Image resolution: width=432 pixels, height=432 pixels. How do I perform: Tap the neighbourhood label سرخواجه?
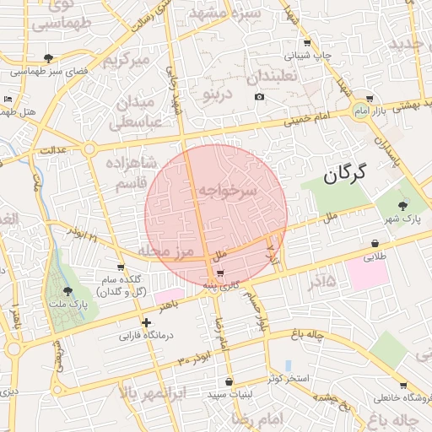(x=226, y=192)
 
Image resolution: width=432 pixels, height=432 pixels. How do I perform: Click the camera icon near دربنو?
(x=259, y=97)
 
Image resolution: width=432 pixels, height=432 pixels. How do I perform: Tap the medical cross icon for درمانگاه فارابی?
(x=147, y=322)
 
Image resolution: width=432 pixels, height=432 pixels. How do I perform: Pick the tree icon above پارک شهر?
(x=402, y=204)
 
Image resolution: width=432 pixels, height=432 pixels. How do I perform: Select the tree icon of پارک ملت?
(x=68, y=291)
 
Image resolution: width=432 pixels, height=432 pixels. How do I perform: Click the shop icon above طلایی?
(x=375, y=244)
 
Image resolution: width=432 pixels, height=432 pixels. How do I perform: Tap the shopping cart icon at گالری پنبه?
(x=220, y=273)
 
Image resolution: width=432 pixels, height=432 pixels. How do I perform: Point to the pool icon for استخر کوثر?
(x=289, y=365)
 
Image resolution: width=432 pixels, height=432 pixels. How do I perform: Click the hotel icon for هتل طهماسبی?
(x=8, y=100)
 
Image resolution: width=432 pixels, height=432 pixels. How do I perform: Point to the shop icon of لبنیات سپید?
(x=229, y=381)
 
